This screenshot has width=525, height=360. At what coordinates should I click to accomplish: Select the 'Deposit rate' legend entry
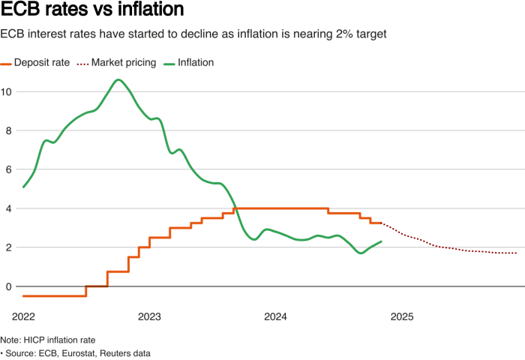pos(43,63)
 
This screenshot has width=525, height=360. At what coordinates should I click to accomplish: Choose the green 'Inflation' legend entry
pos(196,63)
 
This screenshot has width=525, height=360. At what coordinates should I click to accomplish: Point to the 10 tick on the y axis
pos(7,91)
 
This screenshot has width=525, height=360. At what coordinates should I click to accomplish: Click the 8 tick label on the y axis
pos(7,130)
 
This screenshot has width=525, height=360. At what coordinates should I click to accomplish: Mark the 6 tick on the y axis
pos(7,169)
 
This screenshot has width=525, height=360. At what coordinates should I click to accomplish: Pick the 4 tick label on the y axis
pos(7,208)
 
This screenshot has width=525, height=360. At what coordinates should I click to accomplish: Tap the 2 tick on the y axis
pos(7,247)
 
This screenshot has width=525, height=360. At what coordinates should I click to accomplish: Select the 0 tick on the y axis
pos(7,286)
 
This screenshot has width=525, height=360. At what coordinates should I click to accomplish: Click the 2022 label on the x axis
pos(23,318)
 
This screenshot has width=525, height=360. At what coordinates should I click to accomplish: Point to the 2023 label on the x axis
pos(149,318)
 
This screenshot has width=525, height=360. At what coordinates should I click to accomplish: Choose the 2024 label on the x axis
pos(276,318)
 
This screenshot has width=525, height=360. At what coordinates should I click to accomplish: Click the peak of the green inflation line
pos(118,79)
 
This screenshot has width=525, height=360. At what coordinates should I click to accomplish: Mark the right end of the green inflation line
pos(382,241)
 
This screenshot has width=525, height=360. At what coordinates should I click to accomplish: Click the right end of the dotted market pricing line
pos(517,253)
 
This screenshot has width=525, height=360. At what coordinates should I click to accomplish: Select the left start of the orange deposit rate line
pos(23,296)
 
